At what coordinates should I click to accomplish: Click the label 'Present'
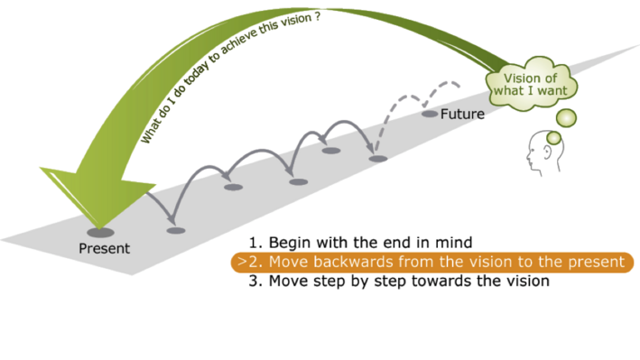(x=104, y=248)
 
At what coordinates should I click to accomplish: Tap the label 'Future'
(x=462, y=114)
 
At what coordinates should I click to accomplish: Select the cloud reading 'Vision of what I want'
(x=531, y=84)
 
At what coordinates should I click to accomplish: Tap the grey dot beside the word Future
(x=430, y=114)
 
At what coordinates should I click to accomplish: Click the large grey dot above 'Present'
(x=100, y=233)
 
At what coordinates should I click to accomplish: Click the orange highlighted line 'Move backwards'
(x=432, y=262)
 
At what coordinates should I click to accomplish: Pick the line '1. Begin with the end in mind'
(x=360, y=243)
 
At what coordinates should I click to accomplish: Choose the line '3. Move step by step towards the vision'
(x=399, y=281)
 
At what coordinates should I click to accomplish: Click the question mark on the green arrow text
(x=317, y=17)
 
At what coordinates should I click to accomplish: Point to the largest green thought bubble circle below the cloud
(x=566, y=118)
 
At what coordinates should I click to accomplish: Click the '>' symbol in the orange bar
(x=243, y=262)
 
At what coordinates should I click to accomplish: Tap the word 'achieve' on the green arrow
(x=240, y=42)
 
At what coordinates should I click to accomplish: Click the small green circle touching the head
(x=554, y=138)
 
